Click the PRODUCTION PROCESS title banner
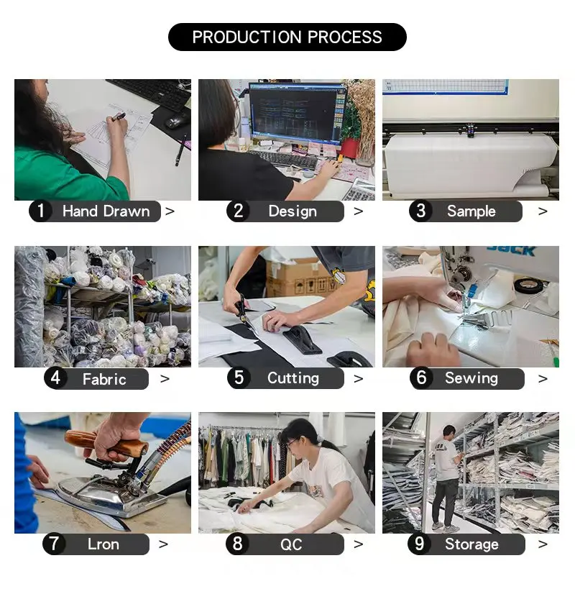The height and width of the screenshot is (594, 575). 287,37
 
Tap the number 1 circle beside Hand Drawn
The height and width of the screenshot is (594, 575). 40,211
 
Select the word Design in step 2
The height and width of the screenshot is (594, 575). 293,211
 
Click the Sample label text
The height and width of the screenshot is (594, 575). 471,211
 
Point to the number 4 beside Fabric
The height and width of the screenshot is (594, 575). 55,378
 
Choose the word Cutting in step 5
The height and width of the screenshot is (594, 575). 293,378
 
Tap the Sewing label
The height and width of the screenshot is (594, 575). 471,378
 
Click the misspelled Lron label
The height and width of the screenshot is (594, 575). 103,544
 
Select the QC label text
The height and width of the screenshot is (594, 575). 291,545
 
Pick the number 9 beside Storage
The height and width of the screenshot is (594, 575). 420,544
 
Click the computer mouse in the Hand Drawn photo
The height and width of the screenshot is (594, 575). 175,122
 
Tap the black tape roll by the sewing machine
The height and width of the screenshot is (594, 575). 529,285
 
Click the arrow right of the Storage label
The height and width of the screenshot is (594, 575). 543,544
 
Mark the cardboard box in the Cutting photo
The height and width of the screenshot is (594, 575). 299,278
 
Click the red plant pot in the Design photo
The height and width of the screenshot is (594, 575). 349,147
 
